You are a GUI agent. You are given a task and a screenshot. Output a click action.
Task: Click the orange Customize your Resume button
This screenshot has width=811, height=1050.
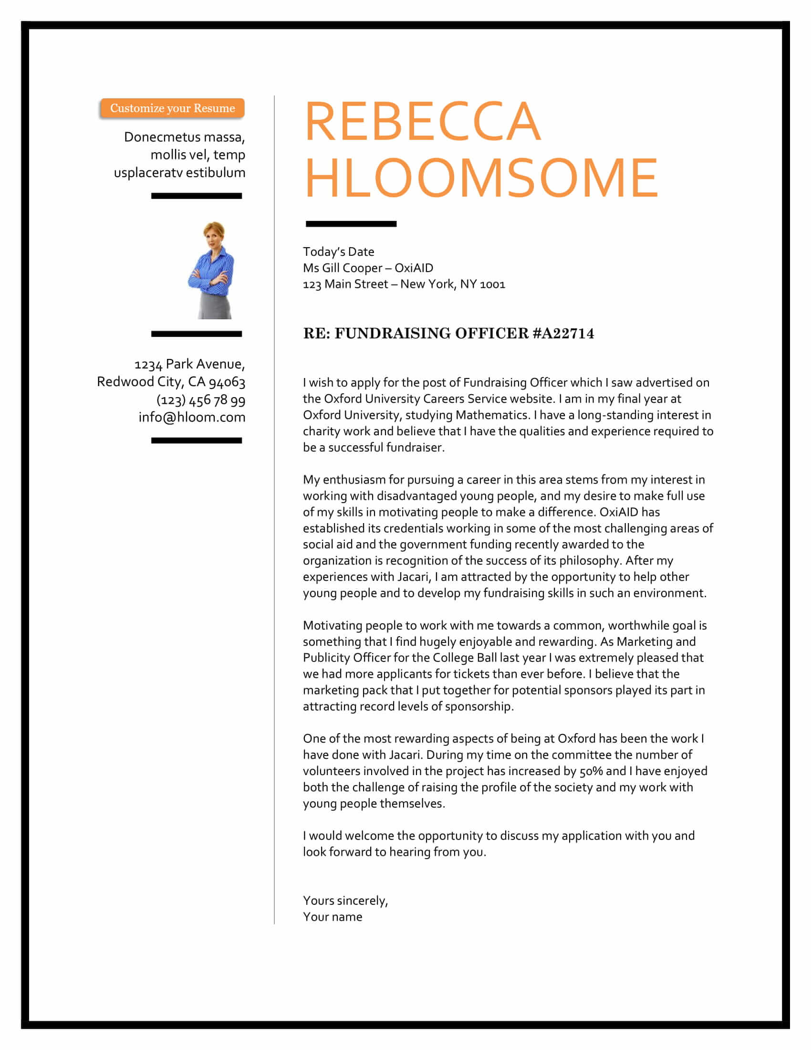(x=172, y=108)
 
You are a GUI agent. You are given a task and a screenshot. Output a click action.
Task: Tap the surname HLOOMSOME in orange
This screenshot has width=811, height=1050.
(x=481, y=178)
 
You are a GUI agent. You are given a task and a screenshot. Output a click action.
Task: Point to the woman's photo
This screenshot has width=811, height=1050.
(x=211, y=270)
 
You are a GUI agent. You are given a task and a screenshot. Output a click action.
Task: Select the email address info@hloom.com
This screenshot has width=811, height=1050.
(x=192, y=417)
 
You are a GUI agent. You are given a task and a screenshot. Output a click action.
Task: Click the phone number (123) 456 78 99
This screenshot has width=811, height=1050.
(x=201, y=399)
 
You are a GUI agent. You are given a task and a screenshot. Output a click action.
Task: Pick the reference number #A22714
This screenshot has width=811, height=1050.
(x=563, y=334)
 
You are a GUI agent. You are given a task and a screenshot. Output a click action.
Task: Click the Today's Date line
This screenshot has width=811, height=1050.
(x=338, y=252)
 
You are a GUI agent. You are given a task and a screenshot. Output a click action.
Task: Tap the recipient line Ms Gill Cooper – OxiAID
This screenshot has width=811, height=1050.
(x=367, y=268)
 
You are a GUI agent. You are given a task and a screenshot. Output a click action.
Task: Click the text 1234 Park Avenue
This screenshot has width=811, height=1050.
(x=189, y=365)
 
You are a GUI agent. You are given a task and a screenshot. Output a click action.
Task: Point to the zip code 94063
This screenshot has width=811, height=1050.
(x=227, y=382)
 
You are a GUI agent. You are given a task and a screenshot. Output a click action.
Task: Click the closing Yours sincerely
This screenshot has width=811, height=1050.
(x=345, y=901)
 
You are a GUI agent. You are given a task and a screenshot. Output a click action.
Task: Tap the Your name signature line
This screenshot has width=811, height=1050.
(x=333, y=917)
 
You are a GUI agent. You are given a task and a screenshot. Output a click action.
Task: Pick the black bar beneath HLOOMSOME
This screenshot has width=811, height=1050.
(x=351, y=224)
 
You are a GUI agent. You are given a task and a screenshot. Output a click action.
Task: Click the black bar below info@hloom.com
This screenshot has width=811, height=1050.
(x=196, y=441)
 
